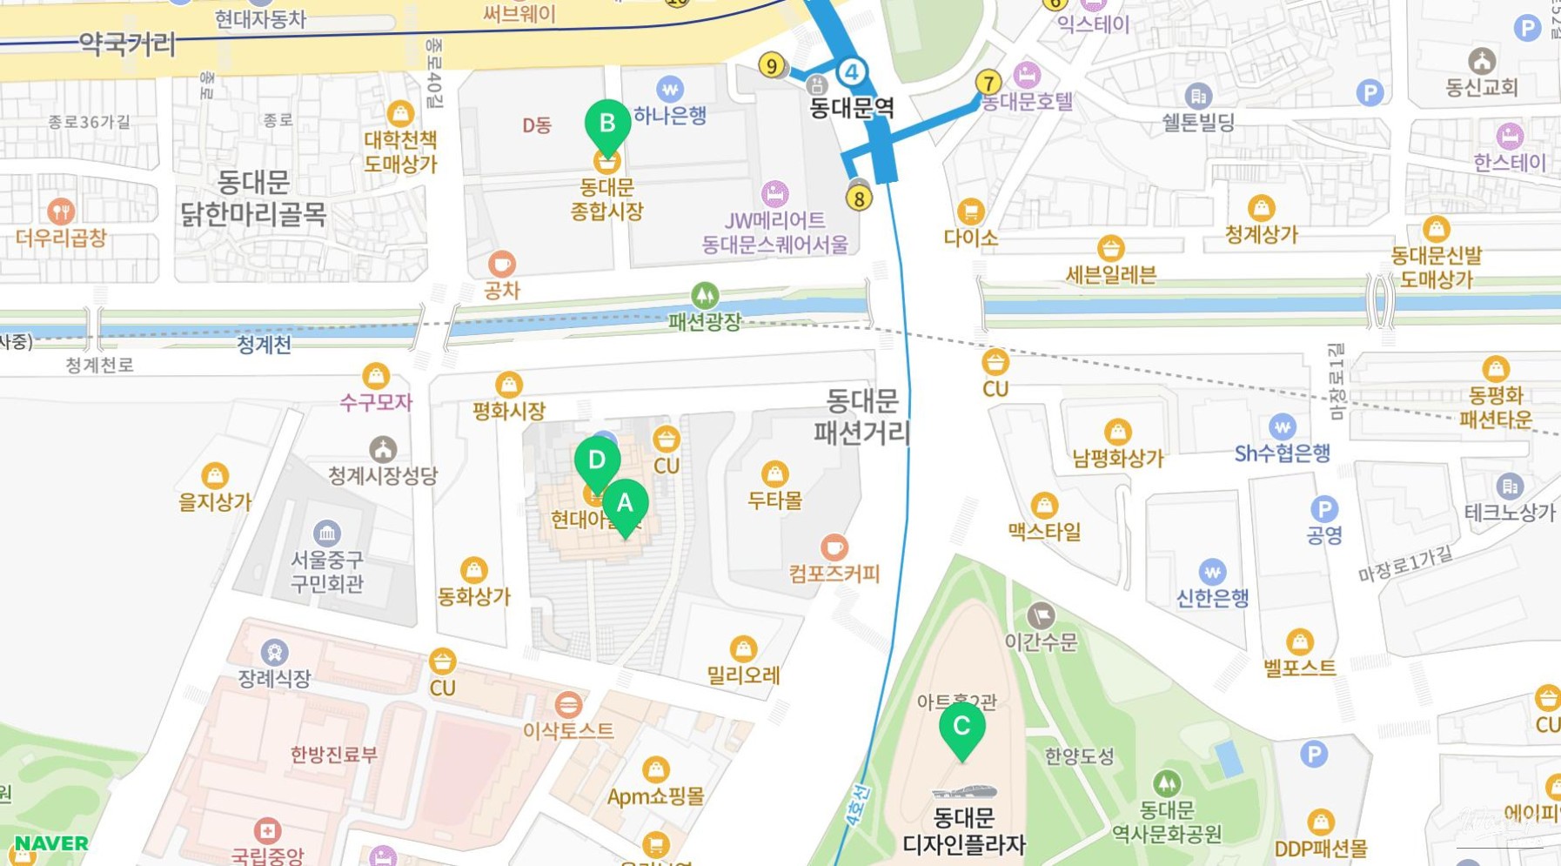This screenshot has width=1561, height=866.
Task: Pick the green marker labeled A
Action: (625, 504)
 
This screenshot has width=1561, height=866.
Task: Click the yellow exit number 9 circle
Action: (771, 65)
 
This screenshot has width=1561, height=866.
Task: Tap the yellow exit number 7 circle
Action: (988, 83)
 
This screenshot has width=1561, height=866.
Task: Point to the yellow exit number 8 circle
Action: (859, 198)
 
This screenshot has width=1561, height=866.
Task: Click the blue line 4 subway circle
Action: (852, 72)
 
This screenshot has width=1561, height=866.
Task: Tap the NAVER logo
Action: (51, 843)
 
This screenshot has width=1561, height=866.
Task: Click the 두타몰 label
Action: (774, 500)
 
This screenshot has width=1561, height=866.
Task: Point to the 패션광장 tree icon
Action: (705, 295)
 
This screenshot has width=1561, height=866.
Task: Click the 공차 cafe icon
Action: (501, 263)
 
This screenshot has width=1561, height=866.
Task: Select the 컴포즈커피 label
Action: (834, 574)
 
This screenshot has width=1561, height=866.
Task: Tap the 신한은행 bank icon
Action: (1212, 572)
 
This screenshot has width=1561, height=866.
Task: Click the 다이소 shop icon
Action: (970, 211)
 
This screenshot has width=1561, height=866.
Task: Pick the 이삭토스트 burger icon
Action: (568, 703)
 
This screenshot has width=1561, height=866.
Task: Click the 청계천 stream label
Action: (264, 345)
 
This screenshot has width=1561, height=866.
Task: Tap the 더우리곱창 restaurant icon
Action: (60, 211)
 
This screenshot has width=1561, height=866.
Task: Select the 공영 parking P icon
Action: (1323, 509)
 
